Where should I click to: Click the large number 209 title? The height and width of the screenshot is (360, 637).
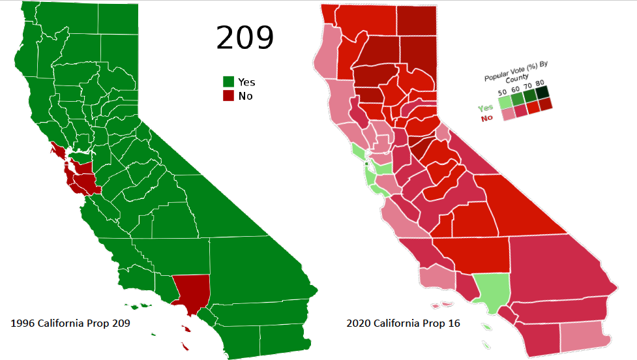244,38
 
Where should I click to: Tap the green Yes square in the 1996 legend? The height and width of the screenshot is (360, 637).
228,82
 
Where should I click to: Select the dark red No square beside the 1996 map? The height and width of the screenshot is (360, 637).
228,96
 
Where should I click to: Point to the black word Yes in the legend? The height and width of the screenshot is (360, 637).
246,82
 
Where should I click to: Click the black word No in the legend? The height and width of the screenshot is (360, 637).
245,96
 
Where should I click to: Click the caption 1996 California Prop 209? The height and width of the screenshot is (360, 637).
67,323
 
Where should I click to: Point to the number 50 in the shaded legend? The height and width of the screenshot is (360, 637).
503,93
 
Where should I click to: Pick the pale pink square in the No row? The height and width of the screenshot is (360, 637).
509,113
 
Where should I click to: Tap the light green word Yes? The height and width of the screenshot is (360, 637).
485,108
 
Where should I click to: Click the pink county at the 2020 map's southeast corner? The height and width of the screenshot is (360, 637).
585,334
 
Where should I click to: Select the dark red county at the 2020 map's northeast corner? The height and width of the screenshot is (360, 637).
419,20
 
